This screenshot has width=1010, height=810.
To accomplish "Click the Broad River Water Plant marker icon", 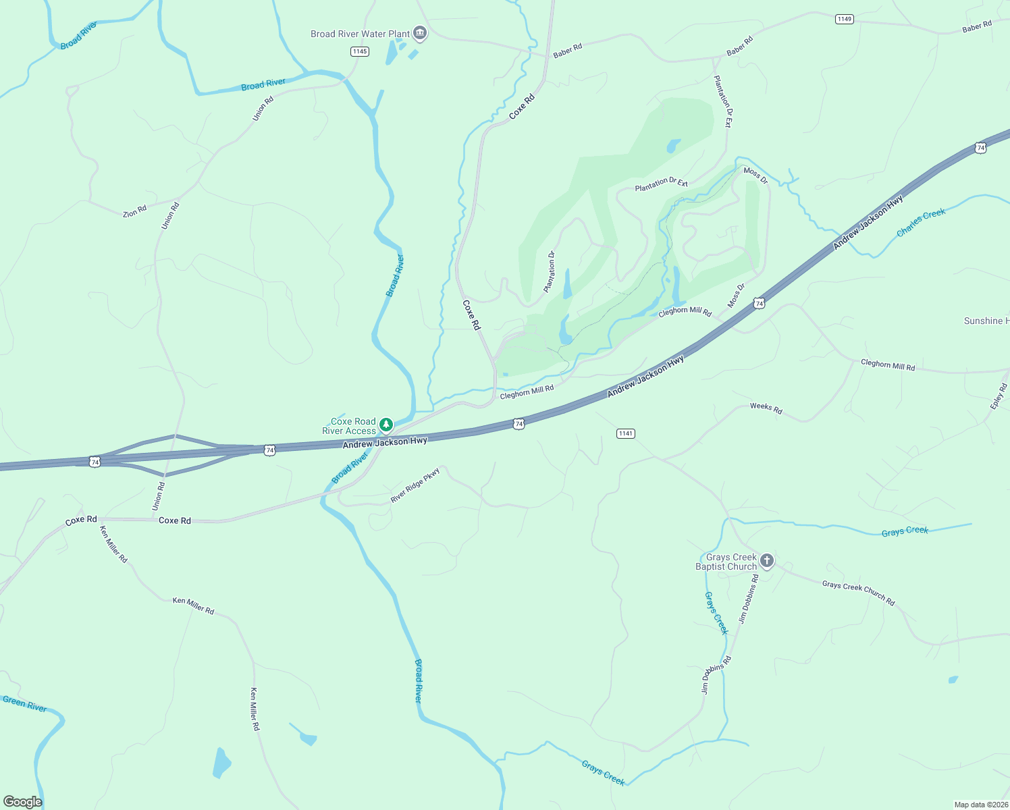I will [x=419, y=34].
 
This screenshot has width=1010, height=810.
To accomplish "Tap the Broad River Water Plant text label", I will [x=360, y=34].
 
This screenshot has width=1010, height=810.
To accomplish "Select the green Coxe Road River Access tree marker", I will [x=386, y=425].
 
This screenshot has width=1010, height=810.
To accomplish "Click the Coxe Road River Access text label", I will [x=349, y=426].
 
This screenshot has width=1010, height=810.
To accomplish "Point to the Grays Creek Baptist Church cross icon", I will [x=766, y=560].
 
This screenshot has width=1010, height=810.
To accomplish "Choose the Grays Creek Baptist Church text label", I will [x=727, y=562].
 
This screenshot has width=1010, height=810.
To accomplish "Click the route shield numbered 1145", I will [x=360, y=51].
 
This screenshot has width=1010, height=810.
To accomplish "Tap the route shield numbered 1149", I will [x=845, y=19].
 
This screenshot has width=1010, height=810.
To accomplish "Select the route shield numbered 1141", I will [x=626, y=433].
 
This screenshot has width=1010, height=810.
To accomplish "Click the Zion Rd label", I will [x=134, y=212].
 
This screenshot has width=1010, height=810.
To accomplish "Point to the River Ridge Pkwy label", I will [x=415, y=485].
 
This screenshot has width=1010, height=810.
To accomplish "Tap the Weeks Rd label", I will [x=766, y=408].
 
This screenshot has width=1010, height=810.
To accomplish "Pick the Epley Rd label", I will [x=999, y=396].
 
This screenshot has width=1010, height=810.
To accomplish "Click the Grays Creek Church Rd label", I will [x=858, y=593].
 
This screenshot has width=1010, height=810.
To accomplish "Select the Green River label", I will [x=25, y=703].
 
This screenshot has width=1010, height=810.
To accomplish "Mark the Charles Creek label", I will [x=921, y=222].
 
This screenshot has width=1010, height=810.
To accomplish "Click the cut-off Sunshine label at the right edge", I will [x=986, y=321].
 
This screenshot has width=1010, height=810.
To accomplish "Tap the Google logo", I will [x=22, y=802].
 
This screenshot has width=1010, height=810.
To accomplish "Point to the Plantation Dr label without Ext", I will [x=550, y=272].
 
